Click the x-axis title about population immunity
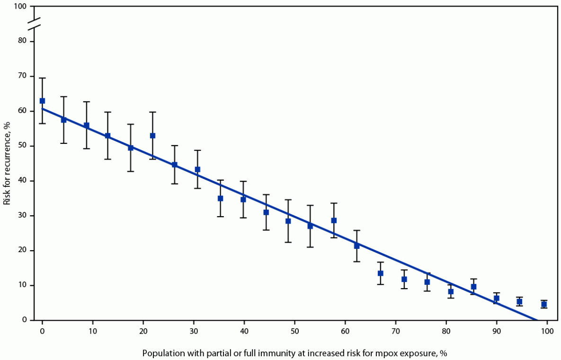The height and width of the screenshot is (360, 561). [x=294, y=353]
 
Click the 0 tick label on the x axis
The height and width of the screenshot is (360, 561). [x=42, y=330]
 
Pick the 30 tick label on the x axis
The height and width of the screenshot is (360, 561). [x=194, y=330]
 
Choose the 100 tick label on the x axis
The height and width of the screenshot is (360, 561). [x=547, y=330]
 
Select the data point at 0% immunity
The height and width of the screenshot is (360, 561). [x=42, y=101]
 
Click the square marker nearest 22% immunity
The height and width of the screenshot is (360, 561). [x=152, y=136]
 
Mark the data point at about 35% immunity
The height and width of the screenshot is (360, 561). [x=220, y=198]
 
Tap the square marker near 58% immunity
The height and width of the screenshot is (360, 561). [x=334, y=220]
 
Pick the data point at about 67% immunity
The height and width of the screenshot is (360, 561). [x=380, y=273]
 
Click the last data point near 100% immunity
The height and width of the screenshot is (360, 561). [x=544, y=304]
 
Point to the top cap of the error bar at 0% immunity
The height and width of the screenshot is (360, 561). [x=42, y=78]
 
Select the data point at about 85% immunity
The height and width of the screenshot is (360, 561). [x=473, y=287]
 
